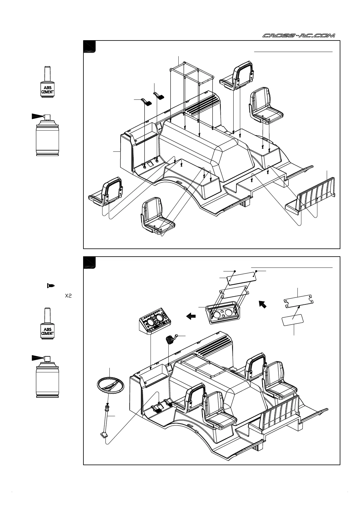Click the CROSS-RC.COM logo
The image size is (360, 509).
point(298,36)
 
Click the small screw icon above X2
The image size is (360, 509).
point(51,285)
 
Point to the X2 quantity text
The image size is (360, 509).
point(68,296)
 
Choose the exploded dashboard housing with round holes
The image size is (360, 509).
point(223,315)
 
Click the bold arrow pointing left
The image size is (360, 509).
point(191,316)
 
